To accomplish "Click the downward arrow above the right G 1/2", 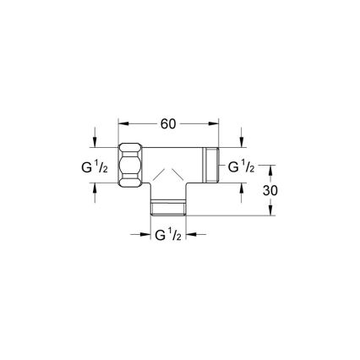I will pyautogui.click(x=243, y=139).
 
